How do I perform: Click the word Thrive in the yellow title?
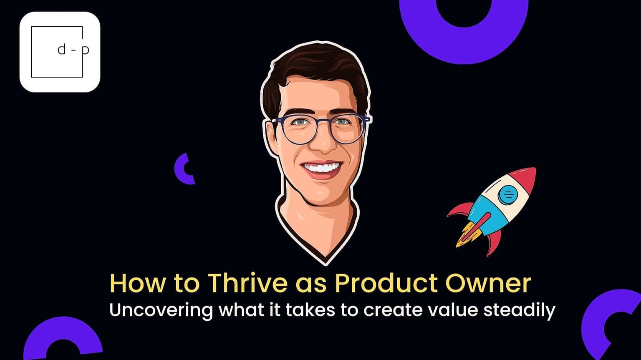point(247,283)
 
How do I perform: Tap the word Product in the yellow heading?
point(386,283)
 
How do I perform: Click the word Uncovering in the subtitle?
point(161,310)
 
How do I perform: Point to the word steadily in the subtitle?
point(519,310)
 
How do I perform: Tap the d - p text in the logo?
point(73,50)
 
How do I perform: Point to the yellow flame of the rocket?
point(468,234)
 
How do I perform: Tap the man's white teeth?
point(322,167)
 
